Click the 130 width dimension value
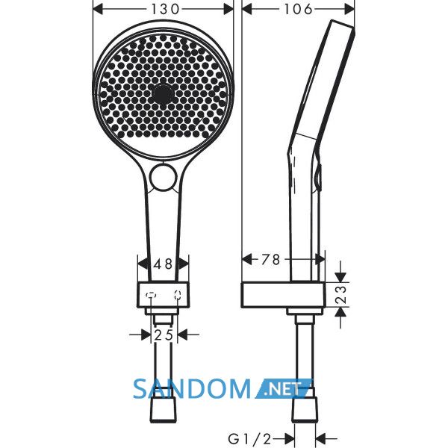point(165,10)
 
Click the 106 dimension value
point(298,10)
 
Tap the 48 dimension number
point(163,264)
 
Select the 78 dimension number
point(270,259)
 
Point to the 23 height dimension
point(341,295)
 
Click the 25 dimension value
point(164,335)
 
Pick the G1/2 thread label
point(249,438)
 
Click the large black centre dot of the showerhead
point(163,93)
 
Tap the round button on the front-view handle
point(163,178)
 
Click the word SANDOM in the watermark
point(192,388)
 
